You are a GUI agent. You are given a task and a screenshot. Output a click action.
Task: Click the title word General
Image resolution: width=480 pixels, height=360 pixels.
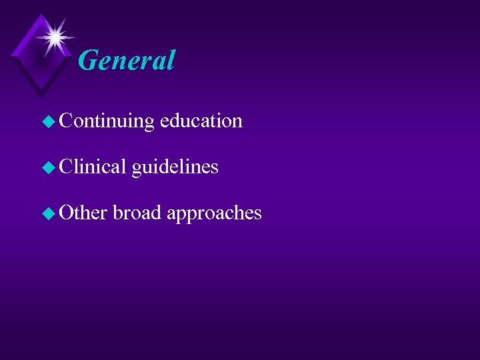click(126, 60)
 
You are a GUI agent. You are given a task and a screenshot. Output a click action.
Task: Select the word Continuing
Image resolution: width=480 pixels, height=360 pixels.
click(107, 121)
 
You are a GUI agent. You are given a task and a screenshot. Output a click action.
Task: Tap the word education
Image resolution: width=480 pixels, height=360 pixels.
click(201, 121)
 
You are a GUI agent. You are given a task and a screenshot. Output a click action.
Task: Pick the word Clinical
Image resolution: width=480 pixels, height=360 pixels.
click(92, 167)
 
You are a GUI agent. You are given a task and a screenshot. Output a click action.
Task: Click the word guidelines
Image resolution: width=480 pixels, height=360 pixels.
click(175, 167)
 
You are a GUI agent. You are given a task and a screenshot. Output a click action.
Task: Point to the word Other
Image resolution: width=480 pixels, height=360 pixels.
click(83, 212)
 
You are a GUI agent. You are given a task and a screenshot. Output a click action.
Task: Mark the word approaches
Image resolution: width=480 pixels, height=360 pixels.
click(214, 213)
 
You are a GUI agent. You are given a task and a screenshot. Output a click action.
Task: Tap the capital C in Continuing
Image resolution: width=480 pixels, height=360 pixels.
click(65, 121)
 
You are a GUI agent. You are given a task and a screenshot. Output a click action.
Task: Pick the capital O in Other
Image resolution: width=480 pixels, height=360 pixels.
click(66, 212)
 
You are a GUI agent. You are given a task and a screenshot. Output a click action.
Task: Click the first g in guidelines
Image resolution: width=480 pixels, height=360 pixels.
click(137, 169)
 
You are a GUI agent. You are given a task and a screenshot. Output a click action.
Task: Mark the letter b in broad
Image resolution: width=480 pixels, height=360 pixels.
click(117, 212)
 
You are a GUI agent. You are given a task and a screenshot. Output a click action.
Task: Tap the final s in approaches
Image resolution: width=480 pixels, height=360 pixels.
click(257, 213)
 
